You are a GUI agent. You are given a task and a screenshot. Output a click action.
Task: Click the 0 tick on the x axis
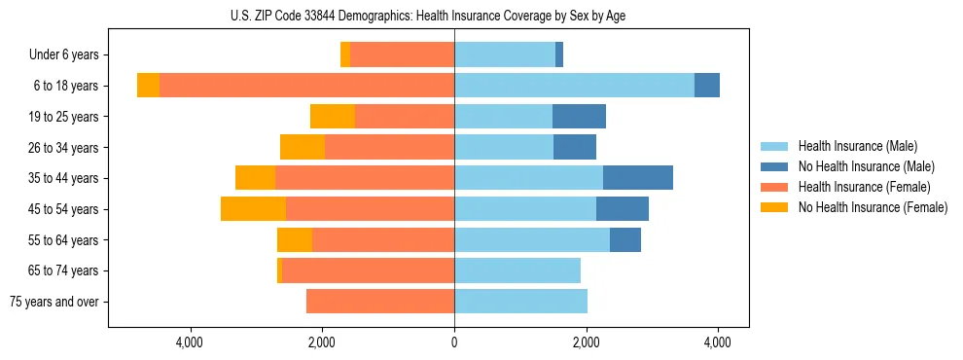coord(454,342)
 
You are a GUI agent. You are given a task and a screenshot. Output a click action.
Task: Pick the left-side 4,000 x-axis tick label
coord(190,342)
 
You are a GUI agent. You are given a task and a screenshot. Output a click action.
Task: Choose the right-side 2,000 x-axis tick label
coord(586,342)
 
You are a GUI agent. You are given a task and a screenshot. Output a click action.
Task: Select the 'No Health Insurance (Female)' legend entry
coord(873,207)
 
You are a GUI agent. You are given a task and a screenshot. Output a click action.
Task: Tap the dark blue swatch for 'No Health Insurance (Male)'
coord(775,166)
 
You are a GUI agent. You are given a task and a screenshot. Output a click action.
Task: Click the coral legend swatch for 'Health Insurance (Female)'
coord(775,187)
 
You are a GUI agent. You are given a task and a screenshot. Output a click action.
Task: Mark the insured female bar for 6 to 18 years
coord(306,86)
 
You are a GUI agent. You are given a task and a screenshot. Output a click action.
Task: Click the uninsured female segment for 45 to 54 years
coord(253,209)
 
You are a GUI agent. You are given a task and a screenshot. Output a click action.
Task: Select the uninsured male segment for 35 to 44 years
coord(638,178)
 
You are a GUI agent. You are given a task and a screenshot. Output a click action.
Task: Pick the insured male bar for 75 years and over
coord(520,302)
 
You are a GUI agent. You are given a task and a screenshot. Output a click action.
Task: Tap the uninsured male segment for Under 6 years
coord(559,54)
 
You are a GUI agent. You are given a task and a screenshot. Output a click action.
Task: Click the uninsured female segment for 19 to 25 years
coord(333,117)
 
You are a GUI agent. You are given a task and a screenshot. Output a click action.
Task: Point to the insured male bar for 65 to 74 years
coord(517,270)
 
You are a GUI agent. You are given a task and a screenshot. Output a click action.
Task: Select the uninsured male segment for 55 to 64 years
coord(625,239)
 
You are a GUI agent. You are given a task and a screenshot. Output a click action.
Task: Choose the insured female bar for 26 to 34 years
coord(389,147)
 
